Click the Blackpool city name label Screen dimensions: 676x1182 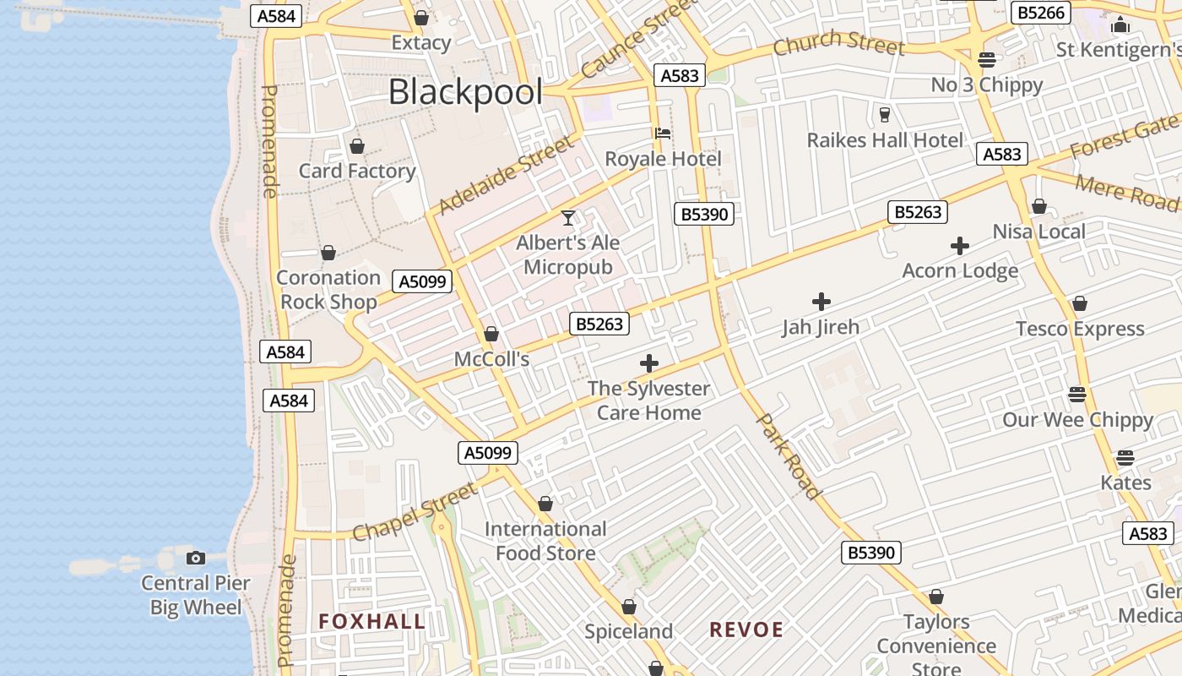click(465, 92)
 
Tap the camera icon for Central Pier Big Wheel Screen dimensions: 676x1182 click(196, 558)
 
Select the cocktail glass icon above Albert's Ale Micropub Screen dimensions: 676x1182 click(568, 218)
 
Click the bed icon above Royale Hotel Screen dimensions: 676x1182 click(663, 134)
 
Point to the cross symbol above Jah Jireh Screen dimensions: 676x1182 click(821, 302)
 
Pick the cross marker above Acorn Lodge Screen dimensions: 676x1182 click(960, 246)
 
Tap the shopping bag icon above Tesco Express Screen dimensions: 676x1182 click(1079, 303)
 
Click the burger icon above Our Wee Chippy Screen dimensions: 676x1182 click(1076, 395)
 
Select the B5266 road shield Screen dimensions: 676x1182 click(1042, 13)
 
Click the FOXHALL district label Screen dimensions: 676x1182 click(371, 622)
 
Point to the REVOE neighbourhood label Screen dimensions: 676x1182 click(746, 630)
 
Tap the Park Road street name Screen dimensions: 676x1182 click(789, 456)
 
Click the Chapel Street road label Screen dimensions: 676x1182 click(415, 512)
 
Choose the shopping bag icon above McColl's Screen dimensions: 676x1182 click(491, 335)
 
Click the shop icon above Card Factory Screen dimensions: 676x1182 click(357, 147)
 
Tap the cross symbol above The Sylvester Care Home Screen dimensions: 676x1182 click(648, 364)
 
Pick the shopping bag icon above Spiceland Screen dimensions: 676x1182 click(629, 607)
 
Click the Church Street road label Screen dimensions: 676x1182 click(838, 41)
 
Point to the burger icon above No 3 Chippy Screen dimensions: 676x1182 click(986, 60)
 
